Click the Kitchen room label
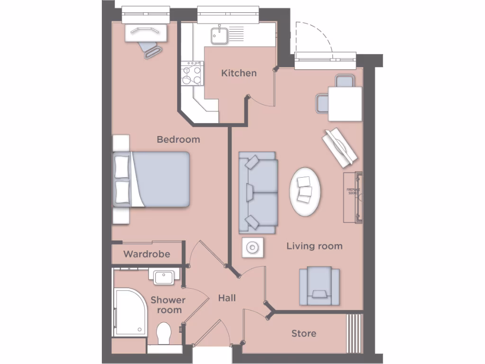(x=239, y=73)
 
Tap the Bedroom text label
(x=178, y=139)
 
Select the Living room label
(x=314, y=246)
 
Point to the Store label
(x=304, y=333)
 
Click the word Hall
(x=227, y=298)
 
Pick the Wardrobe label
(x=146, y=254)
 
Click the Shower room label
(x=168, y=305)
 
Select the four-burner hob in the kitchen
(x=192, y=74)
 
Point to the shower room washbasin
(x=164, y=276)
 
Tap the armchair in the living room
(x=319, y=285)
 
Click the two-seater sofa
(x=257, y=192)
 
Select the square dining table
(x=344, y=104)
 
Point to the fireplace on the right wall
(x=352, y=197)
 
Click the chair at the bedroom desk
(x=151, y=48)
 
